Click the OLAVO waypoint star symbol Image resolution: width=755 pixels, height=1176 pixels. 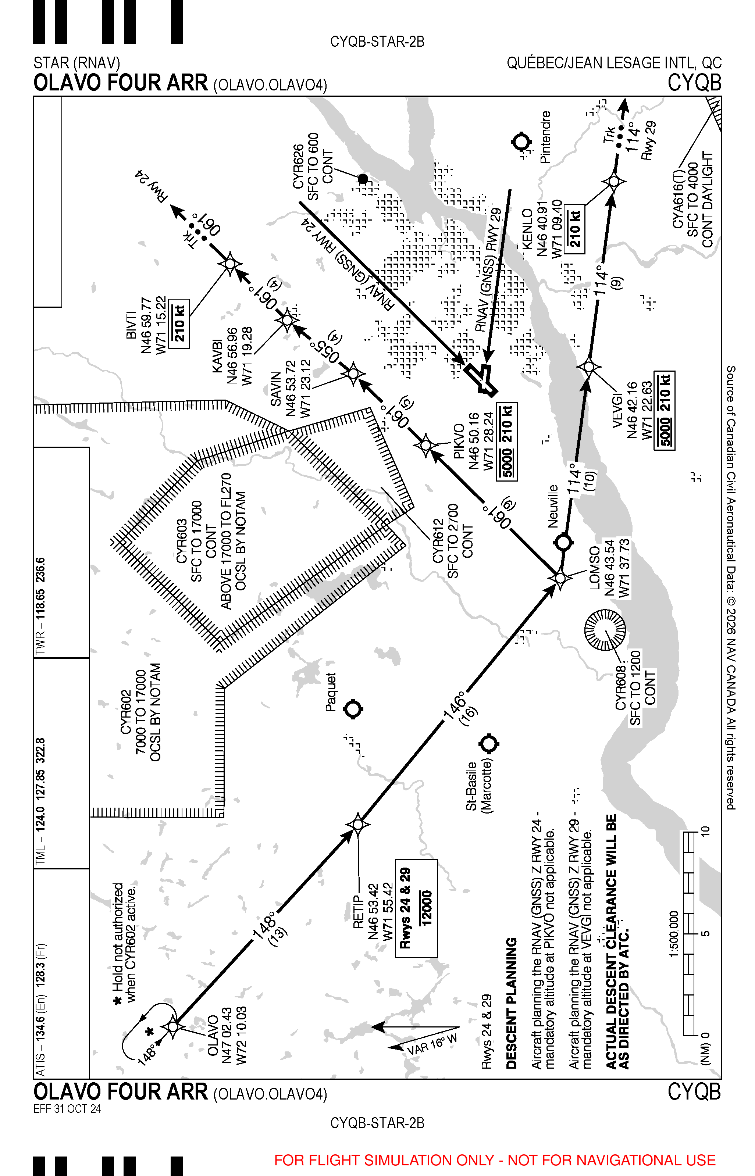coord(173,1026)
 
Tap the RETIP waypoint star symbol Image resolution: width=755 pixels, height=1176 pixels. coord(358,824)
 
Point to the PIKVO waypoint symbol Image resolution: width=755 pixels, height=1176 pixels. coord(425,445)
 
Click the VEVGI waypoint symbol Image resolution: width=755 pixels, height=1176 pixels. coord(589,366)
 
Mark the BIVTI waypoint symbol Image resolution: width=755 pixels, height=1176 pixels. coord(230,264)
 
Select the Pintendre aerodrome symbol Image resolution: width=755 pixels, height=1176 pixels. coord(521,142)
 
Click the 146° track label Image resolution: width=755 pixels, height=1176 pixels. coord(455,705)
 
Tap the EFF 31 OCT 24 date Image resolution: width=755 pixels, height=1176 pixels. coord(67,1109)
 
